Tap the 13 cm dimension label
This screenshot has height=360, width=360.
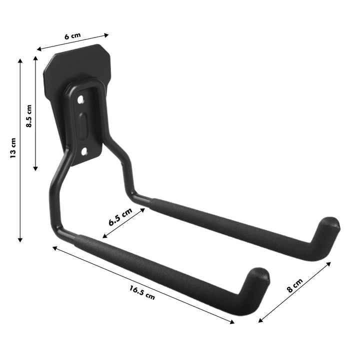click(13, 148)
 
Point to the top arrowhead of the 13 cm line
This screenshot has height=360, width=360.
click(20, 60)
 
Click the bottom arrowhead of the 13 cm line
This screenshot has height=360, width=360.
click(20, 240)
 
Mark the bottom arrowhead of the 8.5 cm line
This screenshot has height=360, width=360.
click(35, 168)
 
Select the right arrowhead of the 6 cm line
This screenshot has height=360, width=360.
click(106, 35)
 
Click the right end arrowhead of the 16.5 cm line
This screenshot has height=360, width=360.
click(232, 322)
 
